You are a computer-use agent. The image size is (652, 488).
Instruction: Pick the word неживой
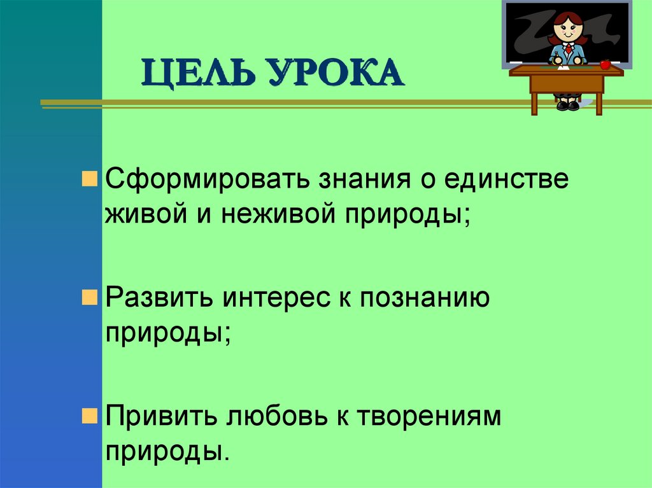pos(278,215)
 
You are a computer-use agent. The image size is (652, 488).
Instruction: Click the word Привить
pos(164,417)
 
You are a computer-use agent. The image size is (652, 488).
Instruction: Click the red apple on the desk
pos(605,64)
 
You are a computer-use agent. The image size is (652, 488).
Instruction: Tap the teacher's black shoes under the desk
pos(567,105)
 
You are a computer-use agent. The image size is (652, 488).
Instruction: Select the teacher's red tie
pos(567,51)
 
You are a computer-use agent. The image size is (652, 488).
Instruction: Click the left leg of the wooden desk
pos(535,102)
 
